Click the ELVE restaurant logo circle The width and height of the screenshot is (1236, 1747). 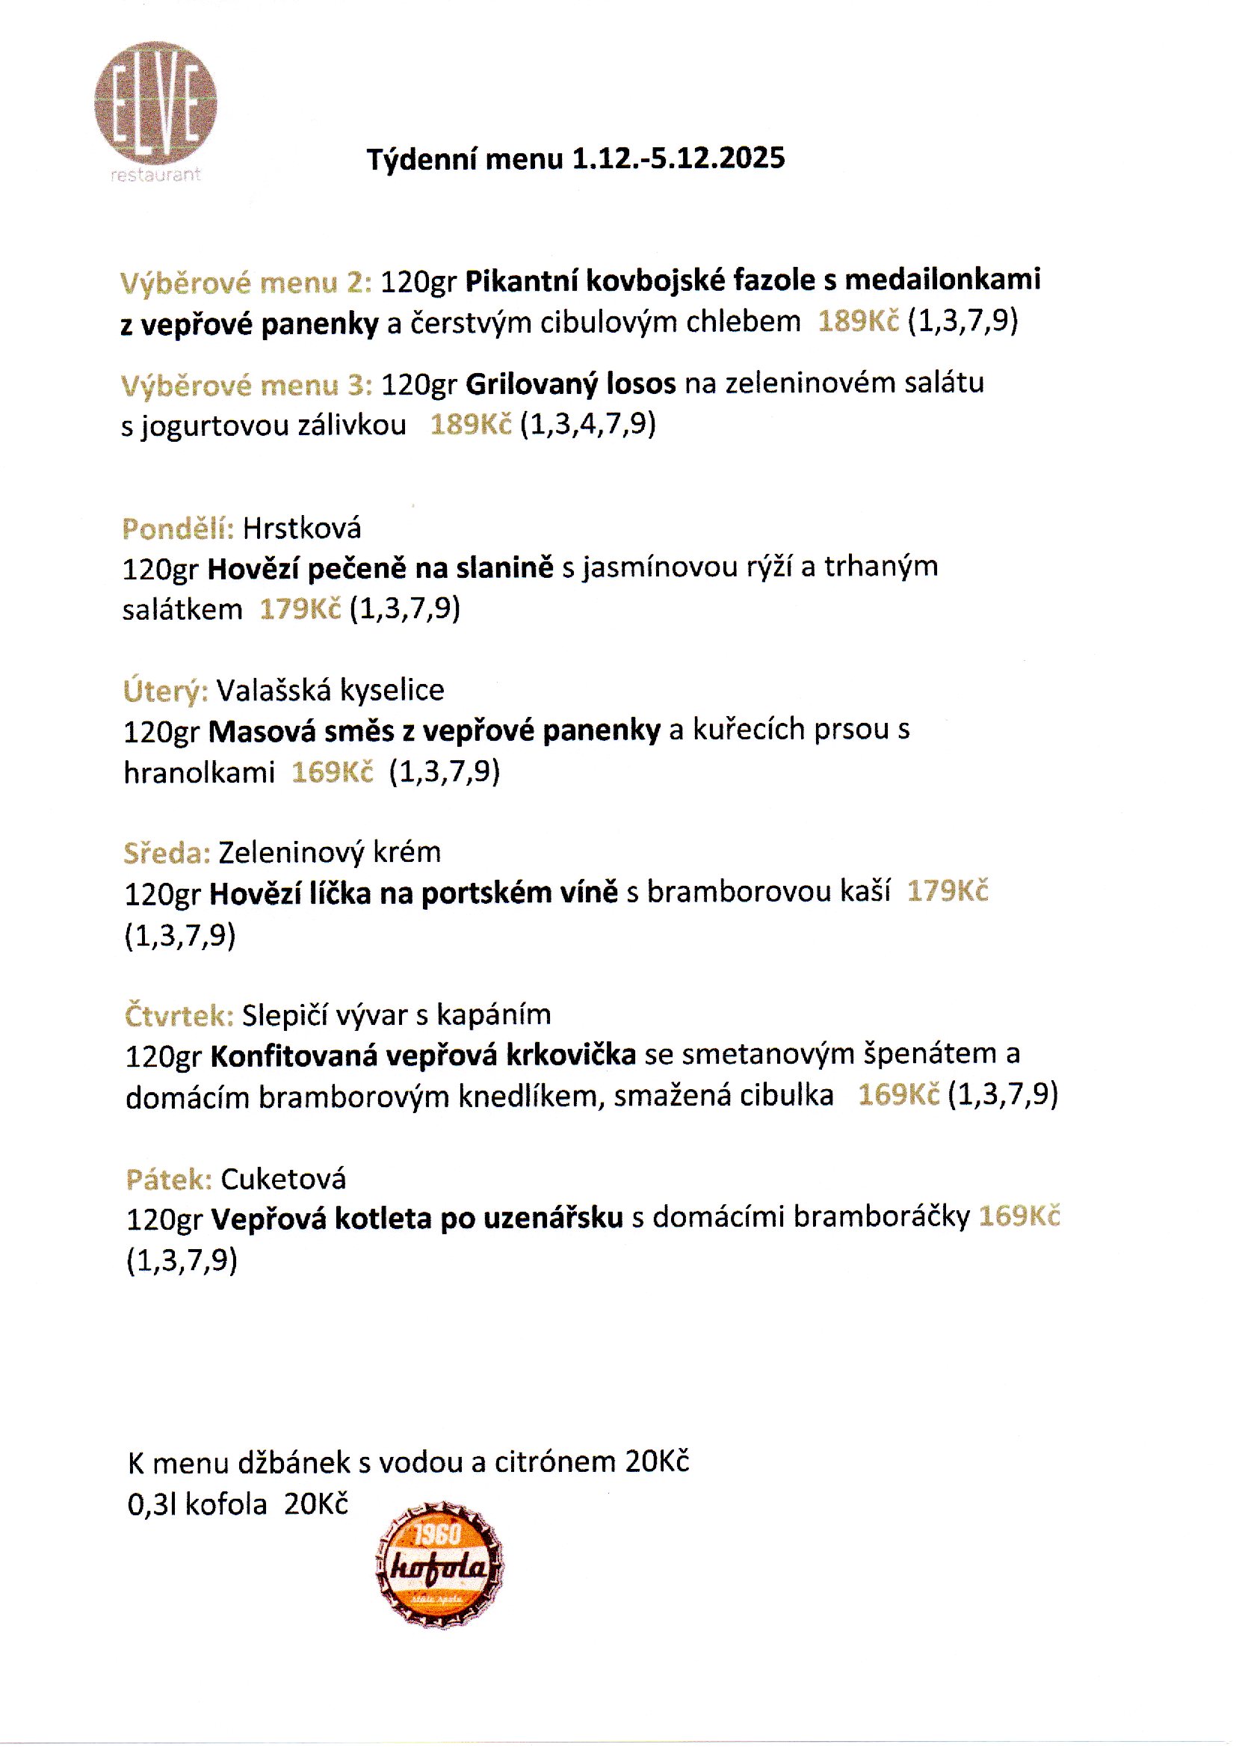pyautogui.click(x=156, y=102)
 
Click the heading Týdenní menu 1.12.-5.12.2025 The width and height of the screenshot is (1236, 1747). pyautogui.click(x=575, y=159)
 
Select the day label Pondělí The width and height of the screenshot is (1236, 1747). pyautogui.click(x=178, y=529)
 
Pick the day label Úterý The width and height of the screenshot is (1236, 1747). pyautogui.click(x=165, y=691)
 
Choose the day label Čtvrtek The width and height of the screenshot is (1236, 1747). pyautogui.click(x=179, y=1015)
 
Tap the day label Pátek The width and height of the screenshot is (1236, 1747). pyautogui.click(x=169, y=1179)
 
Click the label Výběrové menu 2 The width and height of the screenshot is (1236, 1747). pyautogui.click(x=246, y=283)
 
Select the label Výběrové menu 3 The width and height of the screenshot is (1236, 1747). pyautogui.click(x=246, y=385)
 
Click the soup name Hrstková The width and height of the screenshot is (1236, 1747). pyautogui.click(x=302, y=529)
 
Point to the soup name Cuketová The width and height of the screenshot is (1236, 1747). pyautogui.click(x=283, y=1179)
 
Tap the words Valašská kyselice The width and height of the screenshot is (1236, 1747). pyautogui.click(x=330, y=690)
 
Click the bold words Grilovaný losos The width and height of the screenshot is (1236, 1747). pyautogui.click(x=570, y=383)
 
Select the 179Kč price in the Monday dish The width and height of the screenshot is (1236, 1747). pyautogui.click(x=300, y=610)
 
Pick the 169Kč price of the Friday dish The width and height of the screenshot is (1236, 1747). pyautogui.click(x=1019, y=1216)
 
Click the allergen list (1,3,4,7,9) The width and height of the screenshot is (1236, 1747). pyautogui.click(x=587, y=424)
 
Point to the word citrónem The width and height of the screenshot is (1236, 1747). pyautogui.click(x=554, y=1462)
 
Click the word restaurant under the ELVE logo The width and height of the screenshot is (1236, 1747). pyautogui.click(x=155, y=174)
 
